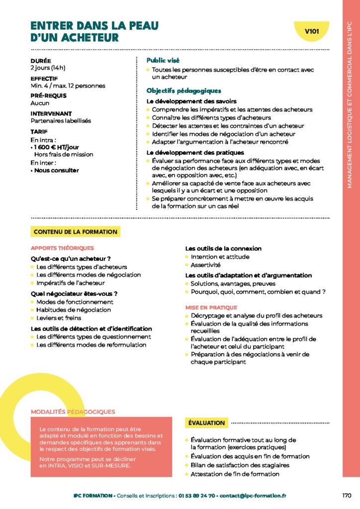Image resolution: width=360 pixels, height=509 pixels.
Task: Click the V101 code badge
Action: coord(312,31)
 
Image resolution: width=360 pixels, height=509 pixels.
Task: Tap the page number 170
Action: coord(347,496)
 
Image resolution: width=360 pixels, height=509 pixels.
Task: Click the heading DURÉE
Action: coord(40,61)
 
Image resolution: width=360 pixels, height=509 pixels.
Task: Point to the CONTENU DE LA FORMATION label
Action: coord(76,232)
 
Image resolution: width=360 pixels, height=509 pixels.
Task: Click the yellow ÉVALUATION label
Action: coord(207,423)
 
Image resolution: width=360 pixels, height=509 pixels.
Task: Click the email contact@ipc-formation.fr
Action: coord(253,496)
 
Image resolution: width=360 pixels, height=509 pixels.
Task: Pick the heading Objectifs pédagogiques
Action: coord(183,91)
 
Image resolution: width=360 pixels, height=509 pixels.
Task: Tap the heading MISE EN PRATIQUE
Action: coord(211,308)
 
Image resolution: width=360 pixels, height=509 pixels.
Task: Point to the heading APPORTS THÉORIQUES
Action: coord(62,248)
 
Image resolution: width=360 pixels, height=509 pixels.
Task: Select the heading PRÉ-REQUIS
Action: coord(48,95)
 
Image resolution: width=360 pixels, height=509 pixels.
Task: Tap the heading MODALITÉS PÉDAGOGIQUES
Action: coord(73,412)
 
